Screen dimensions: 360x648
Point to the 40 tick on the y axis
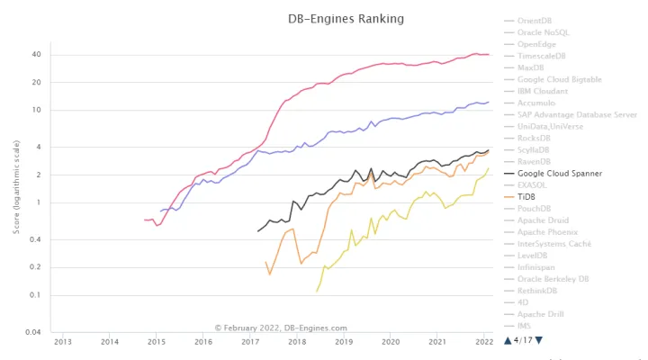(36, 54)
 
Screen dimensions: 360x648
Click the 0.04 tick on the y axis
(32, 332)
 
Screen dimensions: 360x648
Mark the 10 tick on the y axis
(37, 110)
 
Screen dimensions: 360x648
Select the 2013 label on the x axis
(63, 342)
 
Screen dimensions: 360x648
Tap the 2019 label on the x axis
(344, 342)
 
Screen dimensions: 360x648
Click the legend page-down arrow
(538, 339)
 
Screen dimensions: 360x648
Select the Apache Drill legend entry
(542, 313)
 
